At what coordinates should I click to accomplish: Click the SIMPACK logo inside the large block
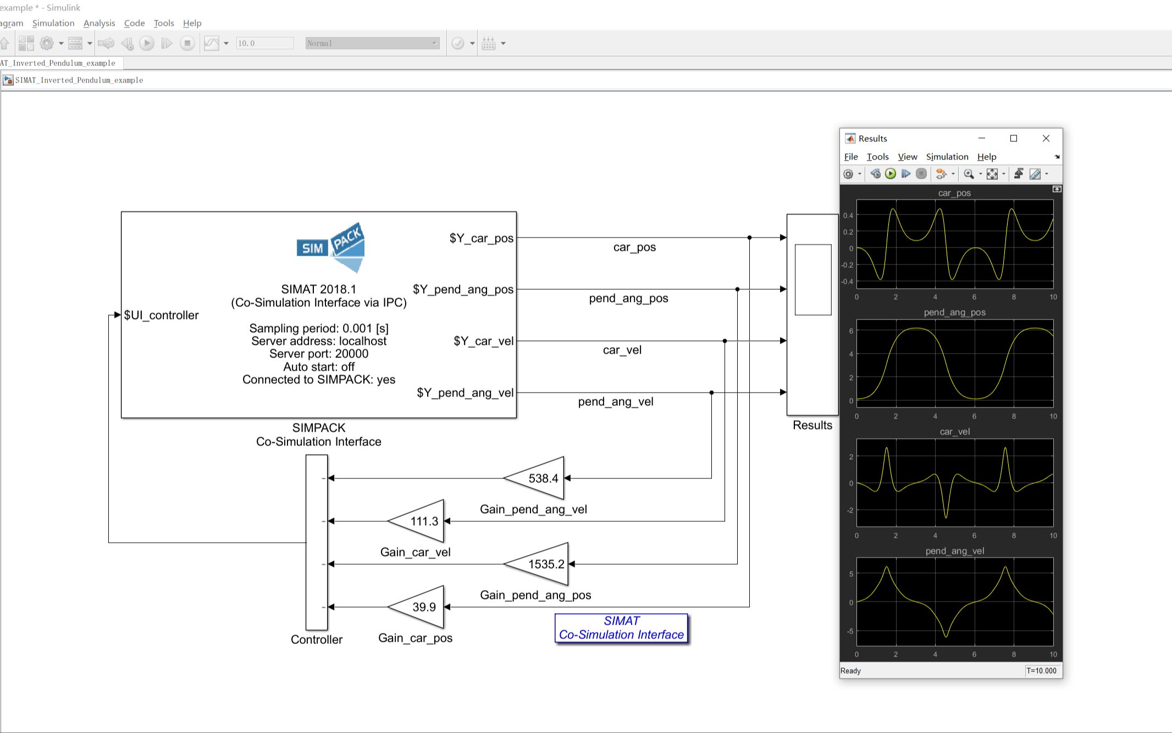point(331,247)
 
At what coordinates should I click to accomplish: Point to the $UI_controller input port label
point(161,315)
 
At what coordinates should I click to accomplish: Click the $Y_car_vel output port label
point(483,341)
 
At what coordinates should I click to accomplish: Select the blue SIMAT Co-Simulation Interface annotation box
point(621,627)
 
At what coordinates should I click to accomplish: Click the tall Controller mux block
point(317,542)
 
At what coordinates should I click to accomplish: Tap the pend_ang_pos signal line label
point(628,298)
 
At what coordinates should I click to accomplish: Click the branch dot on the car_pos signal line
point(749,238)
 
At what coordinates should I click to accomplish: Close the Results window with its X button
point(1046,139)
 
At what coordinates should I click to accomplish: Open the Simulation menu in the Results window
point(947,157)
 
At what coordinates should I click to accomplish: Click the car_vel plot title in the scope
point(954,432)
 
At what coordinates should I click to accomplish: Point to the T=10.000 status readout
point(1041,670)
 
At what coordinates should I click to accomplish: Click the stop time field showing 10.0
point(264,43)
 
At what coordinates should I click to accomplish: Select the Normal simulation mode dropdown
point(372,43)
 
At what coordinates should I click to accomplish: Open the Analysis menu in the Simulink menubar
point(99,23)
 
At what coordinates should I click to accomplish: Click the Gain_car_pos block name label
point(415,638)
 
